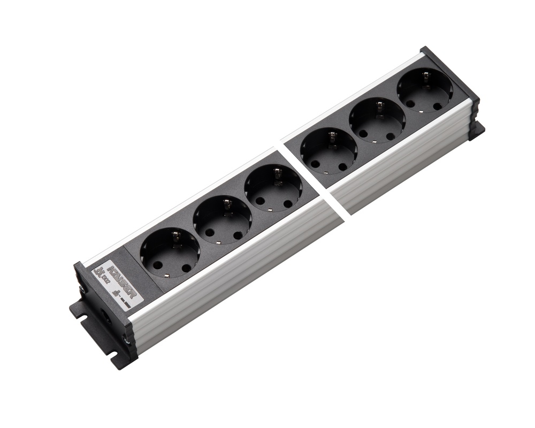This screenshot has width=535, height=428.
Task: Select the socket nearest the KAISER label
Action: (x=169, y=253)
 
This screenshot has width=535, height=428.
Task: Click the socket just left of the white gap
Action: (x=273, y=189)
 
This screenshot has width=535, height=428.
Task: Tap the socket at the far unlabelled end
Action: (x=424, y=91)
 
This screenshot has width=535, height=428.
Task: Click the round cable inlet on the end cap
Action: (x=107, y=316)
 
